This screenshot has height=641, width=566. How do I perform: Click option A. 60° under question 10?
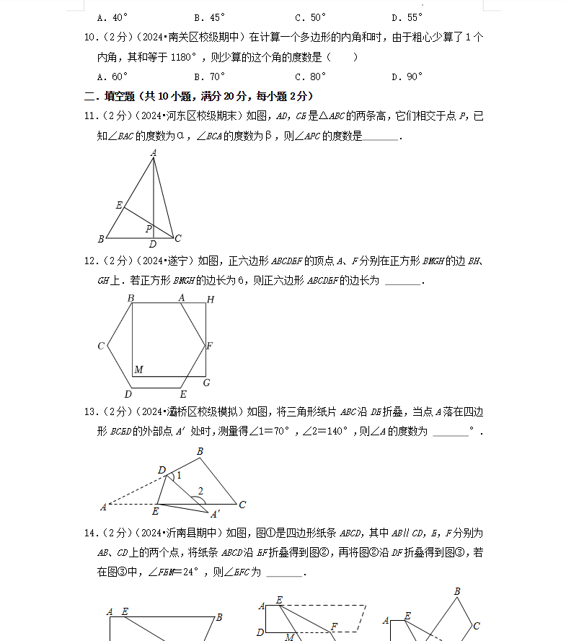[x=112, y=77]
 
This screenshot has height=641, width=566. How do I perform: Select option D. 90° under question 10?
[x=407, y=77]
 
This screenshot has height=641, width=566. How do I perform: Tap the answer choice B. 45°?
[x=210, y=17]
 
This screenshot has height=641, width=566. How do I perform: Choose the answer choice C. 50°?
[x=311, y=17]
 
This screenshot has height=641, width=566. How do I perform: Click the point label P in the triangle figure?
[x=149, y=229]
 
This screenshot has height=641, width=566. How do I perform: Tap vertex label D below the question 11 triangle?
[x=153, y=245]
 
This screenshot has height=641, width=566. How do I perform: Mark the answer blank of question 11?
[x=381, y=136]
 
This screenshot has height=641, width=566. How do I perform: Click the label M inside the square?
[x=138, y=370]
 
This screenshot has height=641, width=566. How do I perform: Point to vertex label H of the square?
[x=211, y=300]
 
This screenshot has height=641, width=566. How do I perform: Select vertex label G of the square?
[x=206, y=383]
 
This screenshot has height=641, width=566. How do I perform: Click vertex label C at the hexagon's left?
[x=101, y=346]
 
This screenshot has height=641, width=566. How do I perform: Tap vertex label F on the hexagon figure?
[x=209, y=346]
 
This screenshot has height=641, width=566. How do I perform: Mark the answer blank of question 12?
[x=402, y=281]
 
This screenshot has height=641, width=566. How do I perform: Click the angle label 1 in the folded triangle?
[x=179, y=476]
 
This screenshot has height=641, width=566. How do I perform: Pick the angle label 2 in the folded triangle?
[x=200, y=492]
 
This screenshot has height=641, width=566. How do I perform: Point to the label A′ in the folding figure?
[x=215, y=514]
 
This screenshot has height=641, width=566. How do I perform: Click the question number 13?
[x=91, y=412]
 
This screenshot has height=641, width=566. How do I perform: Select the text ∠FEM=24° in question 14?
[x=172, y=572]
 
